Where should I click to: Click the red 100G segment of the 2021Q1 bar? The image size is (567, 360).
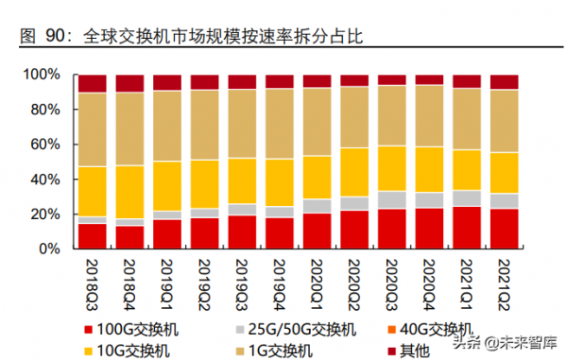tap(466, 228)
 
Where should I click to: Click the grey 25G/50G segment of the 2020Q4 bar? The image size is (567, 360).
tap(429, 199)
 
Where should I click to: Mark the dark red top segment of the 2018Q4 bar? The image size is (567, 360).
tap(129, 83)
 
